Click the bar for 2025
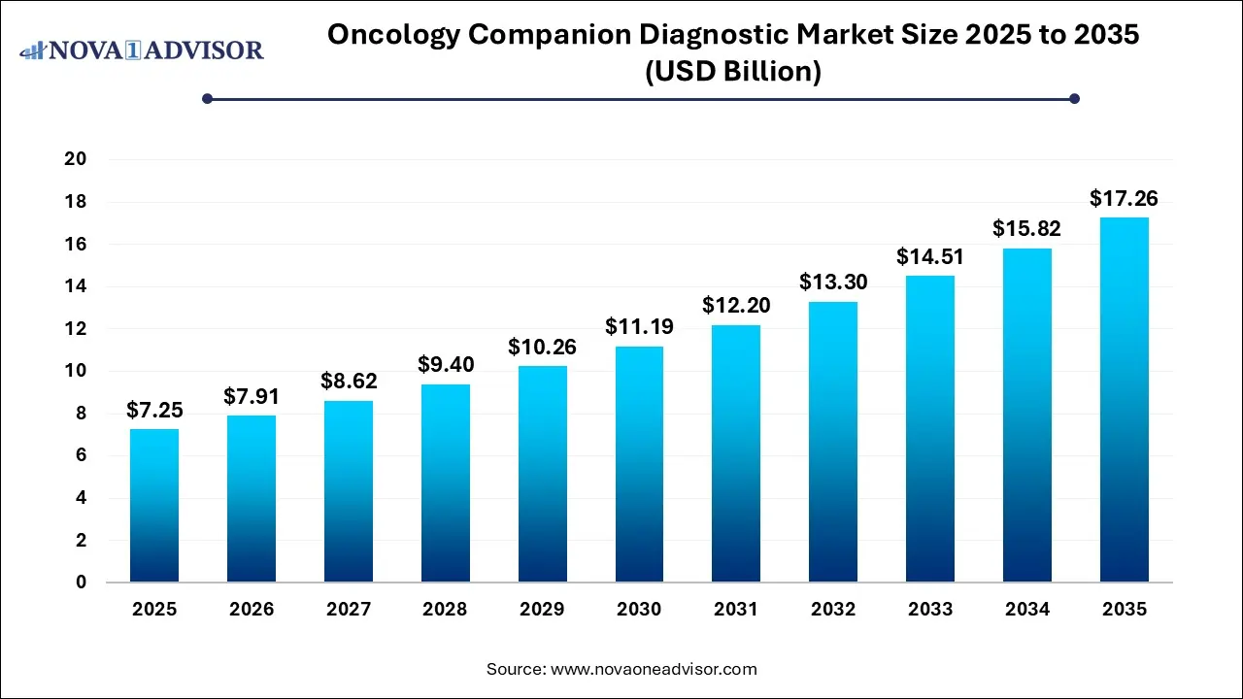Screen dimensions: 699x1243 tap(154, 506)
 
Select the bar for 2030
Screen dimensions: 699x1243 tap(639, 464)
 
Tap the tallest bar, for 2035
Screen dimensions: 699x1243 tap(1124, 400)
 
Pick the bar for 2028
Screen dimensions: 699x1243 tap(445, 483)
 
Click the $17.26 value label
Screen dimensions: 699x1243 tap(1124, 199)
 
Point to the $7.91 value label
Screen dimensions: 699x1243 tap(252, 396)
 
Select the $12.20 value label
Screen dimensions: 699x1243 tap(736, 306)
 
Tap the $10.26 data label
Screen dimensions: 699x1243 tap(542, 347)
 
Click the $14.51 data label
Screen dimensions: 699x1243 tap(930, 257)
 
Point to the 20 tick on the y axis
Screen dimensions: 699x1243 tap(76, 159)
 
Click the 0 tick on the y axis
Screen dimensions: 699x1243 tap(82, 582)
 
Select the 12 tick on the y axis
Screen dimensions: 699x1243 tap(76, 329)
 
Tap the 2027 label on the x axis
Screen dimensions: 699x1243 tap(348, 610)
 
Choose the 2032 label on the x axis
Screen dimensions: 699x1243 tap(833, 610)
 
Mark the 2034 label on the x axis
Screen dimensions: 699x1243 tap(1027, 610)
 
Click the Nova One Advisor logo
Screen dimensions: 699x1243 tap(143, 50)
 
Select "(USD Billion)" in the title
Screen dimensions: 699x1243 tap(733, 72)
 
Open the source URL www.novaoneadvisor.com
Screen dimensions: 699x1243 tap(654, 669)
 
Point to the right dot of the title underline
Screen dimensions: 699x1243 tap(1074, 98)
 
